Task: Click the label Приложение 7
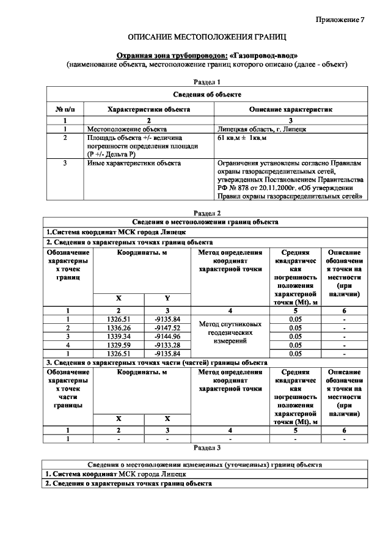[340, 20]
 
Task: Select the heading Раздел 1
[206, 81]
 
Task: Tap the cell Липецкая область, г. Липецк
[262, 130]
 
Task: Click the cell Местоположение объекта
[127, 130]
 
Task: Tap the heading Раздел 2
[206, 213]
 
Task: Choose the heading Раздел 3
[206, 447]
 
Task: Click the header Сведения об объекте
[206, 94]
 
